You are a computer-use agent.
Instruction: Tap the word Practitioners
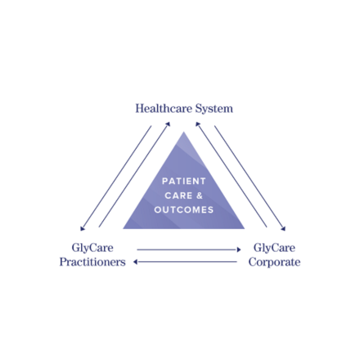[x=92, y=262]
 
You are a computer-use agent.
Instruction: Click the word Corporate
[x=274, y=263]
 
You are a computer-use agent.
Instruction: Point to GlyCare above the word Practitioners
[x=92, y=248]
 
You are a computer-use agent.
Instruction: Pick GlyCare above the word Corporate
[x=274, y=248]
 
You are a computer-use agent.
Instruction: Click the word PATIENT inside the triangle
[x=184, y=181]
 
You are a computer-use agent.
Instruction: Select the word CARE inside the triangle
[x=178, y=196]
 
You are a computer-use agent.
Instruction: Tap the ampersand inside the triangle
[x=200, y=196]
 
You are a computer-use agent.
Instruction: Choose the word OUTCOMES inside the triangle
[x=184, y=209]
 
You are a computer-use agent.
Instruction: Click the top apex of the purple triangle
[x=183, y=132]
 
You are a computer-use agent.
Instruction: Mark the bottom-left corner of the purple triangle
[x=123, y=228]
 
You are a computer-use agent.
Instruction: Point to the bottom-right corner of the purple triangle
[x=245, y=228]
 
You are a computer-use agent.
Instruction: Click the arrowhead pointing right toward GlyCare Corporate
[x=239, y=250]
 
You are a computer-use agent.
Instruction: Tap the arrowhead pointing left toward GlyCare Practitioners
[x=135, y=262]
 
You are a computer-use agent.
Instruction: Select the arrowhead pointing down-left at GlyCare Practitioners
[x=83, y=228]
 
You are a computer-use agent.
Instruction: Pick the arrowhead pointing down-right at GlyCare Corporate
[x=283, y=228]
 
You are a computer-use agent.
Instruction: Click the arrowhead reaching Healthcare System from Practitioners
[x=168, y=124]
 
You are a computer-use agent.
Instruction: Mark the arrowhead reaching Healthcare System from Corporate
[x=198, y=124]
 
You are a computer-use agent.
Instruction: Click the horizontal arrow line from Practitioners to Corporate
[x=189, y=250]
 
